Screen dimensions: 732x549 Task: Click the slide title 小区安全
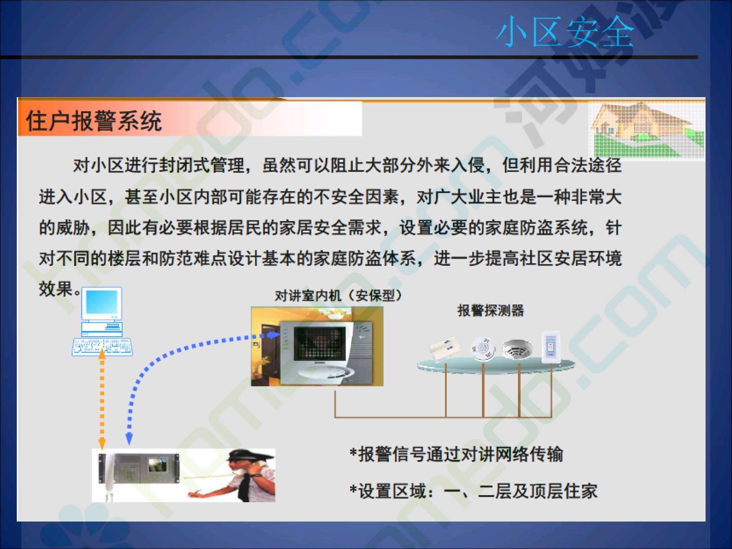click(565, 32)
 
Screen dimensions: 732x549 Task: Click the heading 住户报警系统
click(94, 120)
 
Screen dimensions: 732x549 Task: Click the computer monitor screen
click(102, 304)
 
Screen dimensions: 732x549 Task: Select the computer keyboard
click(102, 347)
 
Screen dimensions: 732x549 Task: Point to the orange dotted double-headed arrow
click(102, 399)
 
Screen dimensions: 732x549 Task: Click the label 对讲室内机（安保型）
click(338, 295)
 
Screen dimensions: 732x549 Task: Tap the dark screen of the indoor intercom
click(319, 343)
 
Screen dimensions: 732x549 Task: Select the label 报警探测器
click(491, 310)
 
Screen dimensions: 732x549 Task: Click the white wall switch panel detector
click(551, 347)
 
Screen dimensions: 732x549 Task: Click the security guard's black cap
click(248, 455)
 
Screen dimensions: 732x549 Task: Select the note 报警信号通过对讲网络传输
click(456, 454)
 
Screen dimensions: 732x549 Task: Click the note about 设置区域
click(473, 491)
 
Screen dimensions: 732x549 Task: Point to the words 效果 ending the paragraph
click(56, 288)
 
